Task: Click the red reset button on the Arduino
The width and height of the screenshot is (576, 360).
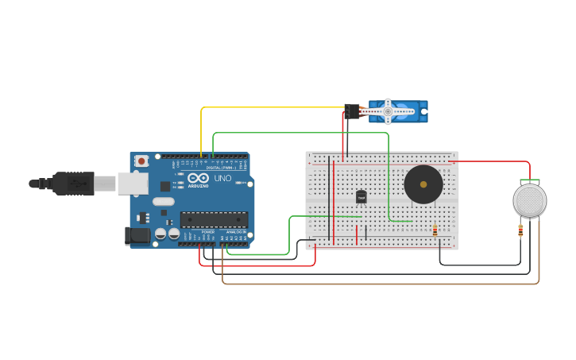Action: [141, 161]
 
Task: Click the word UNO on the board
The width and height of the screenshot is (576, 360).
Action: [223, 178]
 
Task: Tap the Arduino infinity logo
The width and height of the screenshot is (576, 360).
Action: [198, 178]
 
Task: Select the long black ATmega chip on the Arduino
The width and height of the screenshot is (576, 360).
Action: [214, 219]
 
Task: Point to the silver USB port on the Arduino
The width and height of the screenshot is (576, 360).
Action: [133, 184]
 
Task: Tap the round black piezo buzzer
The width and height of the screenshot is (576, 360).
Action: [423, 185]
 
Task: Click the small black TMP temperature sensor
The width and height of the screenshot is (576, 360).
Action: [361, 196]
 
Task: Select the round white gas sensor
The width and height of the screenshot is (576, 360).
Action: [530, 200]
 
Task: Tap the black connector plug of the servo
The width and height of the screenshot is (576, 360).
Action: [351, 111]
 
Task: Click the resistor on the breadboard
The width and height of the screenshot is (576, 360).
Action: [435, 230]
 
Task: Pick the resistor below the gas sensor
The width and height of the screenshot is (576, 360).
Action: [520, 231]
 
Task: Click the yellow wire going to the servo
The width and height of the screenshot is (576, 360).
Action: [270, 107]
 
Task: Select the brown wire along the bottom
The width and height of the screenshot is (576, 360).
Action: [381, 283]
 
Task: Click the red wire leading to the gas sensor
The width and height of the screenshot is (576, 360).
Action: [493, 161]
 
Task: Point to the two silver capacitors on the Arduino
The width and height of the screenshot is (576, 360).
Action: [167, 234]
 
